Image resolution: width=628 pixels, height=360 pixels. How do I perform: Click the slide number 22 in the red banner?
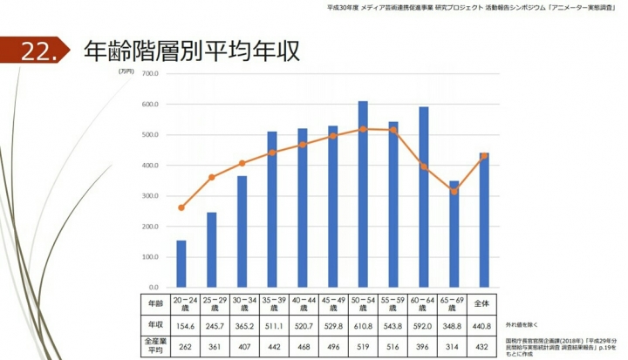tap(38, 52)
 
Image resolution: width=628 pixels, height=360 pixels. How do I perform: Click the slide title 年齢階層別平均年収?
tap(191, 51)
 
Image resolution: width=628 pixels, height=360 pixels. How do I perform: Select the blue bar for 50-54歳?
tap(363, 194)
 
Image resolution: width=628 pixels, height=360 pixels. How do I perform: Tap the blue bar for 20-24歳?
tap(181, 263)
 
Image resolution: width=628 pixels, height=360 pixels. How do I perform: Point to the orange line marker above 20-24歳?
tap(181, 207)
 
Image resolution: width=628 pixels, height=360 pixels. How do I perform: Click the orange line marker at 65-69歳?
tap(454, 192)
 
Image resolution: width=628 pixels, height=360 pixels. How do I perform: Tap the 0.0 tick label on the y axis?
tap(151, 288)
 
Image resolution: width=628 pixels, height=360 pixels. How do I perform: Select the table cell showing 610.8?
tap(363, 325)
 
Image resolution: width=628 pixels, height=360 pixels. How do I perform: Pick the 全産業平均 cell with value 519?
tap(363, 346)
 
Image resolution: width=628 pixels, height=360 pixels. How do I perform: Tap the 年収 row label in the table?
tap(154, 325)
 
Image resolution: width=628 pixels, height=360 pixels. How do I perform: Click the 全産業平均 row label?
tap(154, 346)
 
